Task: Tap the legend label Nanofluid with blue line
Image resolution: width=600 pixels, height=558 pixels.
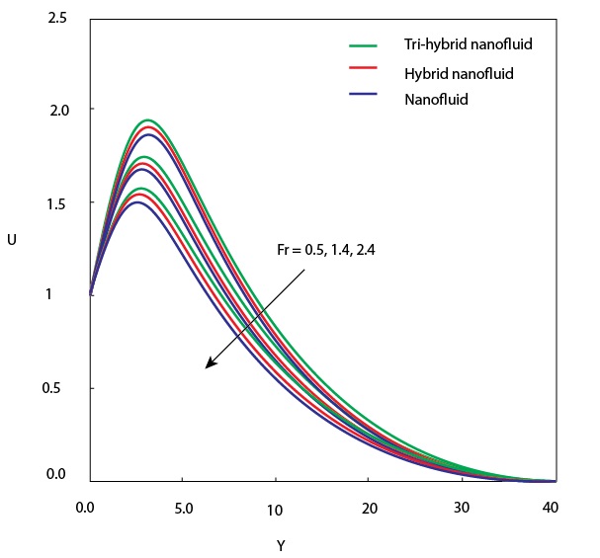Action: [436, 99]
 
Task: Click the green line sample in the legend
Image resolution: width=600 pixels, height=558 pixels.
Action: [364, 45]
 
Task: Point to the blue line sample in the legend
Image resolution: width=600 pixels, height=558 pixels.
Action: [364, 94]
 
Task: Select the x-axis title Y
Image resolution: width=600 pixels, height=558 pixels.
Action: [282, 544]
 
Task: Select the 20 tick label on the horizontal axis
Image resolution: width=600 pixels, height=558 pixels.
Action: [368, 509]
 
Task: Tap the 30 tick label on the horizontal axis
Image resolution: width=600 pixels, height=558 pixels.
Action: [461, 509]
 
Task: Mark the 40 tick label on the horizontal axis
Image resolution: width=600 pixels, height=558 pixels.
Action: [552, 509]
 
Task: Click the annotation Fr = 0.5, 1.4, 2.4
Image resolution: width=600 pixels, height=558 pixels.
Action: [325, 251]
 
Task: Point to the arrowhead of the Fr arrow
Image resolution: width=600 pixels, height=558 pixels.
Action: [209, 365]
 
